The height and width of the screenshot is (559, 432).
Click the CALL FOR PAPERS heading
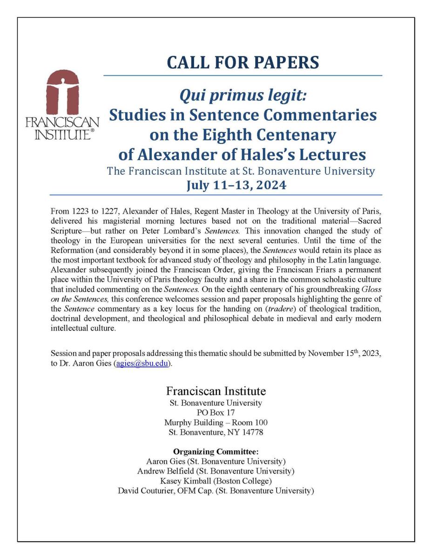coord(243,62)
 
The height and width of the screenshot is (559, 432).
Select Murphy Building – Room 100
coord(216,422)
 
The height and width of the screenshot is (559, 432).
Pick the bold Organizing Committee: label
coord(216,451)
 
